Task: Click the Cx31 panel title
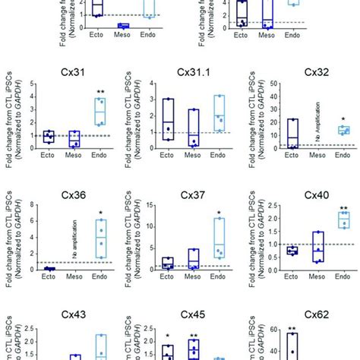coord(72,74)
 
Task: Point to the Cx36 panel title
coord(72,195)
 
